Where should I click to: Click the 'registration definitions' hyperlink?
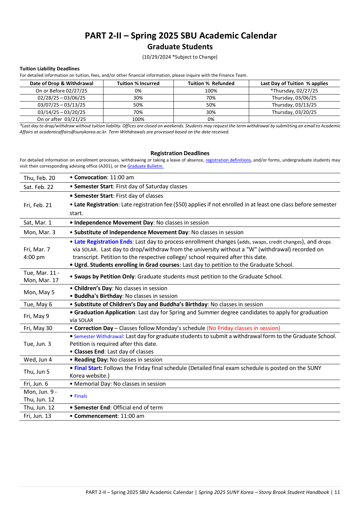(x=228, y=160)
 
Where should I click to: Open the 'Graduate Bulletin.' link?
(x=145, y=166)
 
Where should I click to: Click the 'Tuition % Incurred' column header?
(x=138, y=83)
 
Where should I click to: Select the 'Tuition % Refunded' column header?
(x=211, y=83)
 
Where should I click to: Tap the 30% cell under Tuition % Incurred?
(x=138, y=98)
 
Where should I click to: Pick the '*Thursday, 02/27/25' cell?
(x=294, y=91)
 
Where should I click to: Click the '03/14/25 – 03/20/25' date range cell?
(x=61, y=112)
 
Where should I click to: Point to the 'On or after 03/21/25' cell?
(x=61, y=119)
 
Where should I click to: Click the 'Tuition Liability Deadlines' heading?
(x=50, y=69)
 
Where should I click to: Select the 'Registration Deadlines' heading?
(x=180, y=153)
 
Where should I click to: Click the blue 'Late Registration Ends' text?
(x=103, y=242)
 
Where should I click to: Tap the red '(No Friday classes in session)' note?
(x=243, y=328)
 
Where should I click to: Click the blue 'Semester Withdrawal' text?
(x=98, y=336)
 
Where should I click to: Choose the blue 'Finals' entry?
(x=81, y=396)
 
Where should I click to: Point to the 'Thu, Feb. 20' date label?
(x=39, y=178)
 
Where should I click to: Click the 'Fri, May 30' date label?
(x=38, y=328)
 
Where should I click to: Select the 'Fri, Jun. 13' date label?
(x=37, y=416)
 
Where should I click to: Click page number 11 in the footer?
(x=337, y=492)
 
